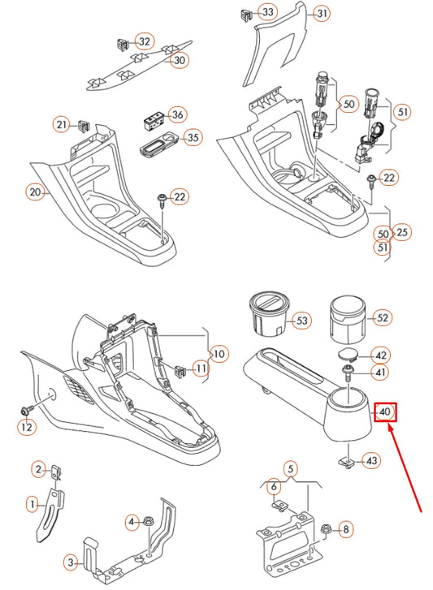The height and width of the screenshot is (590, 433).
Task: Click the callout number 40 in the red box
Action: pyautogui.click(x=386, y=412)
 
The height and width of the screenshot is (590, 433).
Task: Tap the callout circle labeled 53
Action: pyautogui.click(x=302, y=321)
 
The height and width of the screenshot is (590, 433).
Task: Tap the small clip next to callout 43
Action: pyautogui.click(x=345, y=460)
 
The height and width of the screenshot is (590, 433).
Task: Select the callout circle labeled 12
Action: pyautogui.click(x=27, y=427)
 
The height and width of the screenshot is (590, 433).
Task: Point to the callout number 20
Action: pyautogui.click(x=34, y=192)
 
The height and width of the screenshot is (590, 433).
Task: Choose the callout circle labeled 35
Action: pyautogui.click(x=193, y=138)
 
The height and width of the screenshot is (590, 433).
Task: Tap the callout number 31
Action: pyautogui.click(x=323, y=14)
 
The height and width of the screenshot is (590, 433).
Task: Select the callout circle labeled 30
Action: pyautogui.click(x=180, y=60)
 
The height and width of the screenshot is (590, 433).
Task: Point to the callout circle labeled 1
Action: pyautogui.click(x=33, y=504)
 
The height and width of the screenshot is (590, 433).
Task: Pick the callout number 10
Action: pyautogui.click(x=219, y=354)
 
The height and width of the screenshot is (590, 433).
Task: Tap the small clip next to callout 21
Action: pyautogui.click(x=84, y=125)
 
